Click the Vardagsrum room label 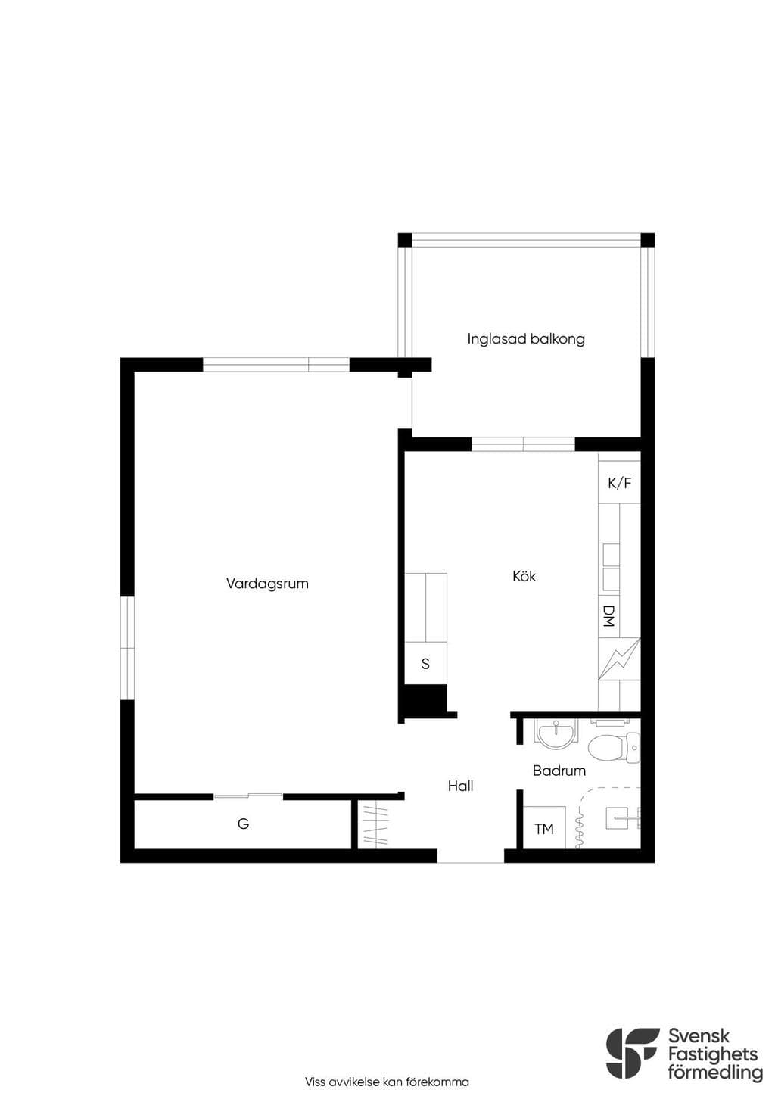point(267,584)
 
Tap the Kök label point(524,576)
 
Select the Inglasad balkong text point(526,338)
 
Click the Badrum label point(559,771)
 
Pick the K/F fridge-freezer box point(619,484)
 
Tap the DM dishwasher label point(608,616)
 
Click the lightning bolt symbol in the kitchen point(619,659)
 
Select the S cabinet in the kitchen point(425,663)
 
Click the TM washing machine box point(544,829)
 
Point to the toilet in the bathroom point(614,748)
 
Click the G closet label point(243,824)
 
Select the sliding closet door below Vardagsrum point(248,796)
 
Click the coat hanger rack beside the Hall point(373,825)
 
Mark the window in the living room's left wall point(127,648)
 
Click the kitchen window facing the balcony point(523,444)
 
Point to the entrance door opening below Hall point(470,856)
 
